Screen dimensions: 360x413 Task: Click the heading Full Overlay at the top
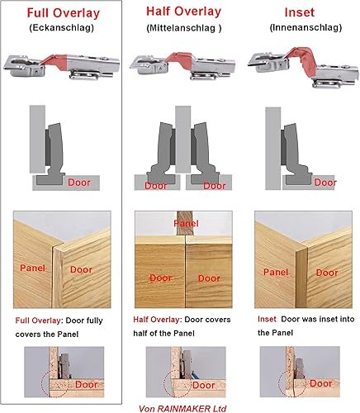click(64, 13)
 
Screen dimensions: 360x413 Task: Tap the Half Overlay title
click(183, 12)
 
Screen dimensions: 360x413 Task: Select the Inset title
click(299, 12)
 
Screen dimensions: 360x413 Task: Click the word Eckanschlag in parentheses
click(62, 28)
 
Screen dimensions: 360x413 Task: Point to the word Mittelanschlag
click(182, 28)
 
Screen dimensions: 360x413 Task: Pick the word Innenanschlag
click(306, 27)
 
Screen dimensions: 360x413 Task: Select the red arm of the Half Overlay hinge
click(178, 59)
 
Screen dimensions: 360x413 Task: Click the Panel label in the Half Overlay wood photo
click(186, 223)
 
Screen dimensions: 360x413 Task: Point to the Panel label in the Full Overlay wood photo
click(32, 268)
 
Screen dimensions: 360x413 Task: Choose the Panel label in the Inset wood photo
click(276, 272)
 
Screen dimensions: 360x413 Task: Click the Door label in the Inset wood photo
click(327, 273)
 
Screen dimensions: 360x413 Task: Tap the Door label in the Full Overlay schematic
click(79, 183)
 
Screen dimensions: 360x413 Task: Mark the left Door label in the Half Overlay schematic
click(156, 186)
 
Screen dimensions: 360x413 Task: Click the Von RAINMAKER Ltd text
click(182, 409)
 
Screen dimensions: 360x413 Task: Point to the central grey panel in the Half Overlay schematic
click(183, 140)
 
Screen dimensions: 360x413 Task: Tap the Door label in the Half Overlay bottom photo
click(204, 385)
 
